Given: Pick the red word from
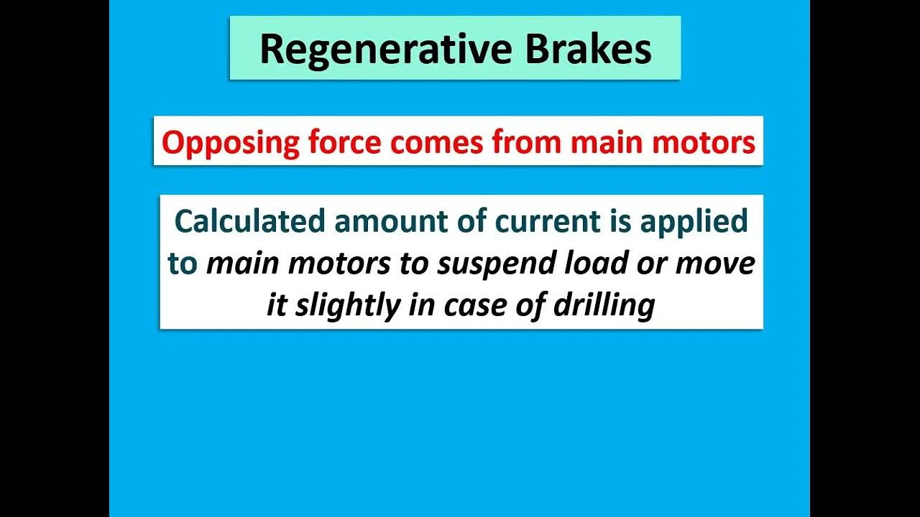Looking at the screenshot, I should click(x=528, y=142).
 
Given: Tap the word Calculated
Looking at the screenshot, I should click(x=249, y=221).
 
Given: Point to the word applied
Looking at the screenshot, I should click(x=694, y=221).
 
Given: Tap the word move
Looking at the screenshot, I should click(x=714, y=264).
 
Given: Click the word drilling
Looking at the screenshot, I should click(x=603, y=306).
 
